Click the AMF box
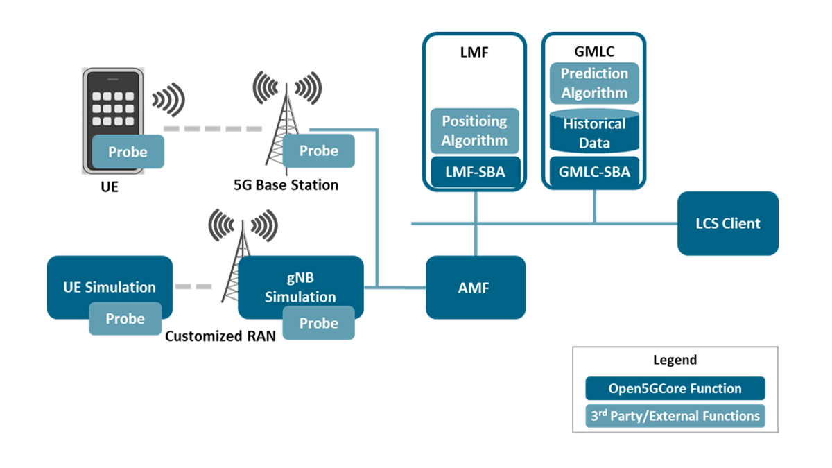(x=475, y=288)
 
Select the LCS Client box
(x=727, y=223)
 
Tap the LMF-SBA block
(x=474, y=172)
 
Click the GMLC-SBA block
(x=594, y=172)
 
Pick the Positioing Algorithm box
(x=474, y=130)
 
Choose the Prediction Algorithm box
(x=594, y=83)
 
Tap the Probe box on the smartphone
(x=128, y=152)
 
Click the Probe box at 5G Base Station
(x=319, y=151)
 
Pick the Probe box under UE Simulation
(x=125, y=319)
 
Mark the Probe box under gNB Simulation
(x=319, y=323)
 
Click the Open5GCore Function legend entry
(x=675, y=388)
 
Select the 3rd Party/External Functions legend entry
(x=675, y=416)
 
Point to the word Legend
(x=675, y=361)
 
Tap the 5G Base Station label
(x=286, y=185)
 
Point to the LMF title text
(x=474, y=52)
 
